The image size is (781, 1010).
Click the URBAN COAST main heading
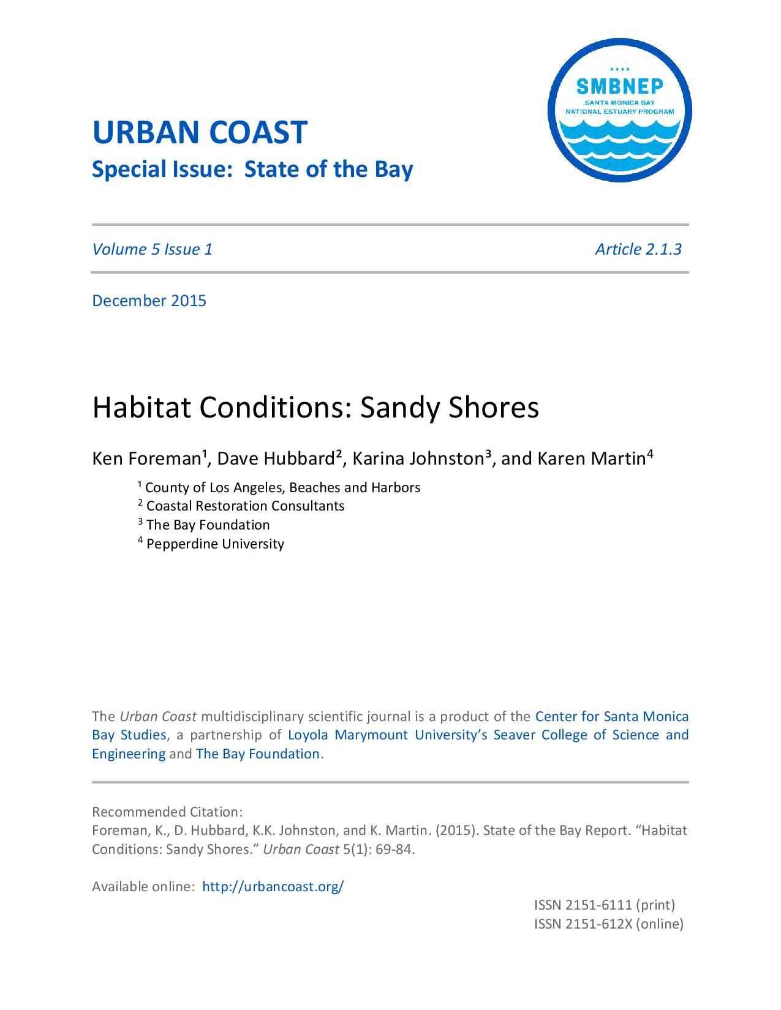click(x=199, y=133)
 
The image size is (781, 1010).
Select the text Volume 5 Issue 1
click(x=152, y=249)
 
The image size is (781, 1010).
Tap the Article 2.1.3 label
click(x=638, y=249)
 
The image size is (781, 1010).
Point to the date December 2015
click(x=149, y=301)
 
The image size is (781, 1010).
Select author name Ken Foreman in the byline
click(x=147, y=458)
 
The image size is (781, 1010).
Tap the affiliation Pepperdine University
click(x=215, y=544)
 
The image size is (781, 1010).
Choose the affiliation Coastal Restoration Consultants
click(x=245, y=506)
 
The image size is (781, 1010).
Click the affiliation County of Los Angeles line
click(x=282, y=487)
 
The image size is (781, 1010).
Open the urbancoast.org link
click(x=273, y=886)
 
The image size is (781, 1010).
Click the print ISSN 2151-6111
click(x=604, y=905)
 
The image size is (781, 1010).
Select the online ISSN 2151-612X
click(x=608, y=924)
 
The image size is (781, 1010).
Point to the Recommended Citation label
click(x=167, y=812)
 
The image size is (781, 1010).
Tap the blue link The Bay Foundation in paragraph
click(x=258, y=754)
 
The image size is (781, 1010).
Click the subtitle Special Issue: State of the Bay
click(x=252, y=170)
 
